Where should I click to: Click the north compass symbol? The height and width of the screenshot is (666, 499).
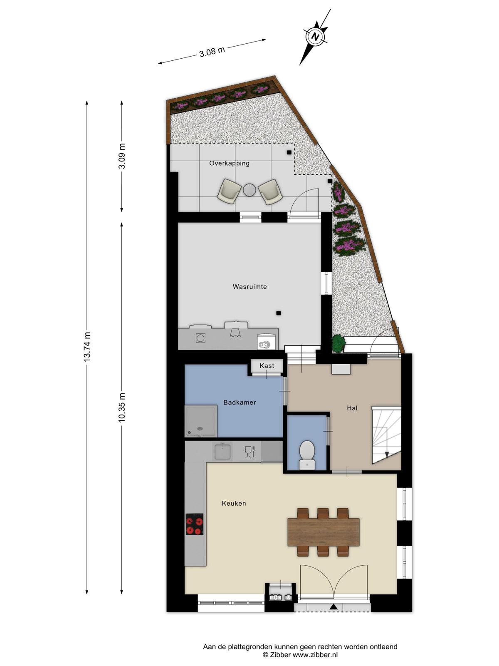(x=316, y=37)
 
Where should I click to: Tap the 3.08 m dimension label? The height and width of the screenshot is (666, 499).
(x=212, y=52)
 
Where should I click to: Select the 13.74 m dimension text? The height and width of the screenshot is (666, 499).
(x=87, y=346)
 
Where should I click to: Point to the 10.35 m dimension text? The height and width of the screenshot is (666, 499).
(x=122, y=407)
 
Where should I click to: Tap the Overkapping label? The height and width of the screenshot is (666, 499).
(x=230, y=163)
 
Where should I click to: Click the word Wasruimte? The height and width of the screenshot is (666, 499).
(x=249, y=286)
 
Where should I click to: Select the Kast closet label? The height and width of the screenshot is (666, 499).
(x=267, y=366)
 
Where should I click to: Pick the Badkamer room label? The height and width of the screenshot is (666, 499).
(x=240, y=403)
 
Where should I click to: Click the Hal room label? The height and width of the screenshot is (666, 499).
(x=352, y=408)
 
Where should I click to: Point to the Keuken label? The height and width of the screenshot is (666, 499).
(x=234, y=503)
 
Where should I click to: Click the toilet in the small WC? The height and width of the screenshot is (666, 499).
(x=307, y=455)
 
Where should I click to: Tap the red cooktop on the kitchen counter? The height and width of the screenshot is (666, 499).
(x=195, y=524)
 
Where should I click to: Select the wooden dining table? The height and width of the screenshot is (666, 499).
(x=323, y=532)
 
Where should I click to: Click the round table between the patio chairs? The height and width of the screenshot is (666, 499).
(x=250, y=190)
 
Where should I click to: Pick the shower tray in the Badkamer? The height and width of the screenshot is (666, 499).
(x=201, y=421)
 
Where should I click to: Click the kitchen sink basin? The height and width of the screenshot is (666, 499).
(x=223, y=452)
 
